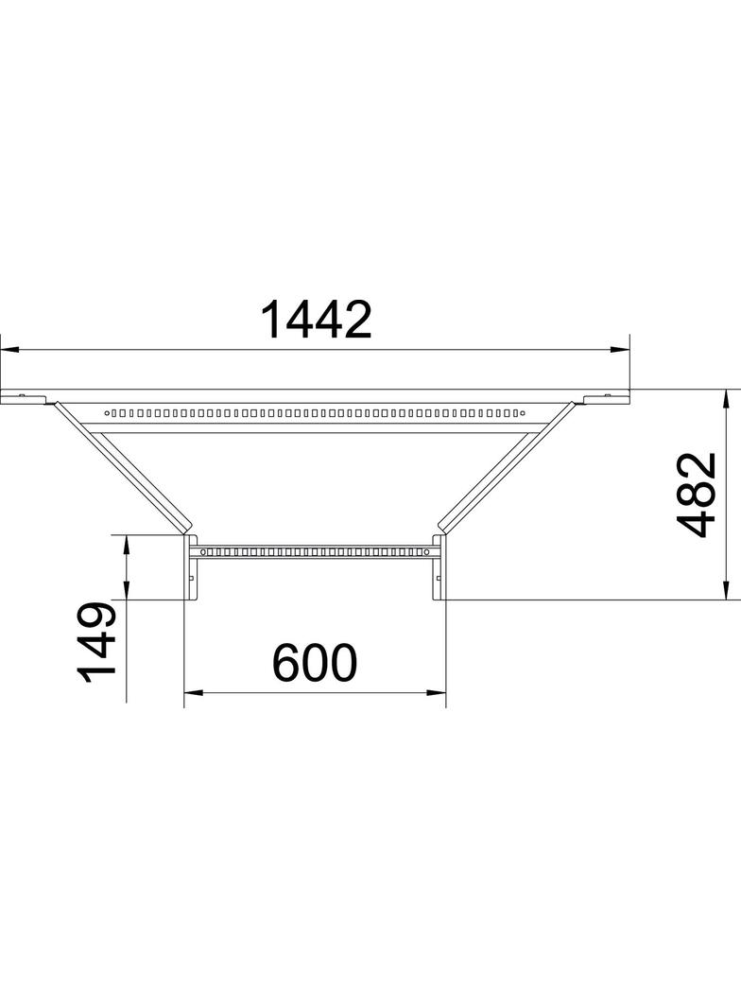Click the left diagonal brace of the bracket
[123, 465]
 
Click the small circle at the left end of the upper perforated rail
[108, 412]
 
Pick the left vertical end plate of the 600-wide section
[188, 567]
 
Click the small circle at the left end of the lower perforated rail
[199, 549]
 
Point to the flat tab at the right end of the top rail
[606, 395]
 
